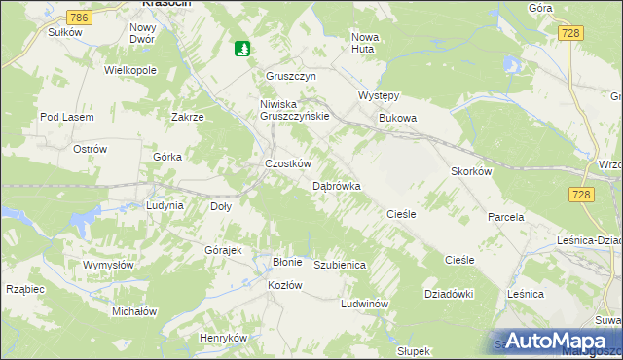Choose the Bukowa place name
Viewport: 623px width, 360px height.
(x=397, y=119)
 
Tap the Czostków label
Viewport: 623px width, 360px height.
(x=288, y=164)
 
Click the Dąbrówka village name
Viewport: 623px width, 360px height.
(x=337, y=185)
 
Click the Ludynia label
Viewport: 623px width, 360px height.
(x=165, y=206)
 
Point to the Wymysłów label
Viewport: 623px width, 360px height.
(x=107, y=265)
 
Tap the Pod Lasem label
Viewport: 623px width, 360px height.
(x=66, y=117)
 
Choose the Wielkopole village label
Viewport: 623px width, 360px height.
(x=130, y=71)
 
